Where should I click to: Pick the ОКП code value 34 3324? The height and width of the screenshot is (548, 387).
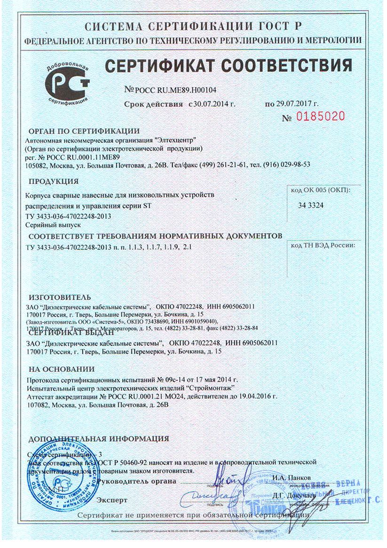(311, 205)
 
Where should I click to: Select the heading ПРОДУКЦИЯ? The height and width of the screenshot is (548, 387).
(54, 181)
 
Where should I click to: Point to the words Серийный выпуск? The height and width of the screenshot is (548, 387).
(48, 225)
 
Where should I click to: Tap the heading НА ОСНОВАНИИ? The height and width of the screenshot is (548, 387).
(61, 369)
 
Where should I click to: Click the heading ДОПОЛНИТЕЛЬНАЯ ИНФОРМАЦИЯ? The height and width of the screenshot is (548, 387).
(98, 439)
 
